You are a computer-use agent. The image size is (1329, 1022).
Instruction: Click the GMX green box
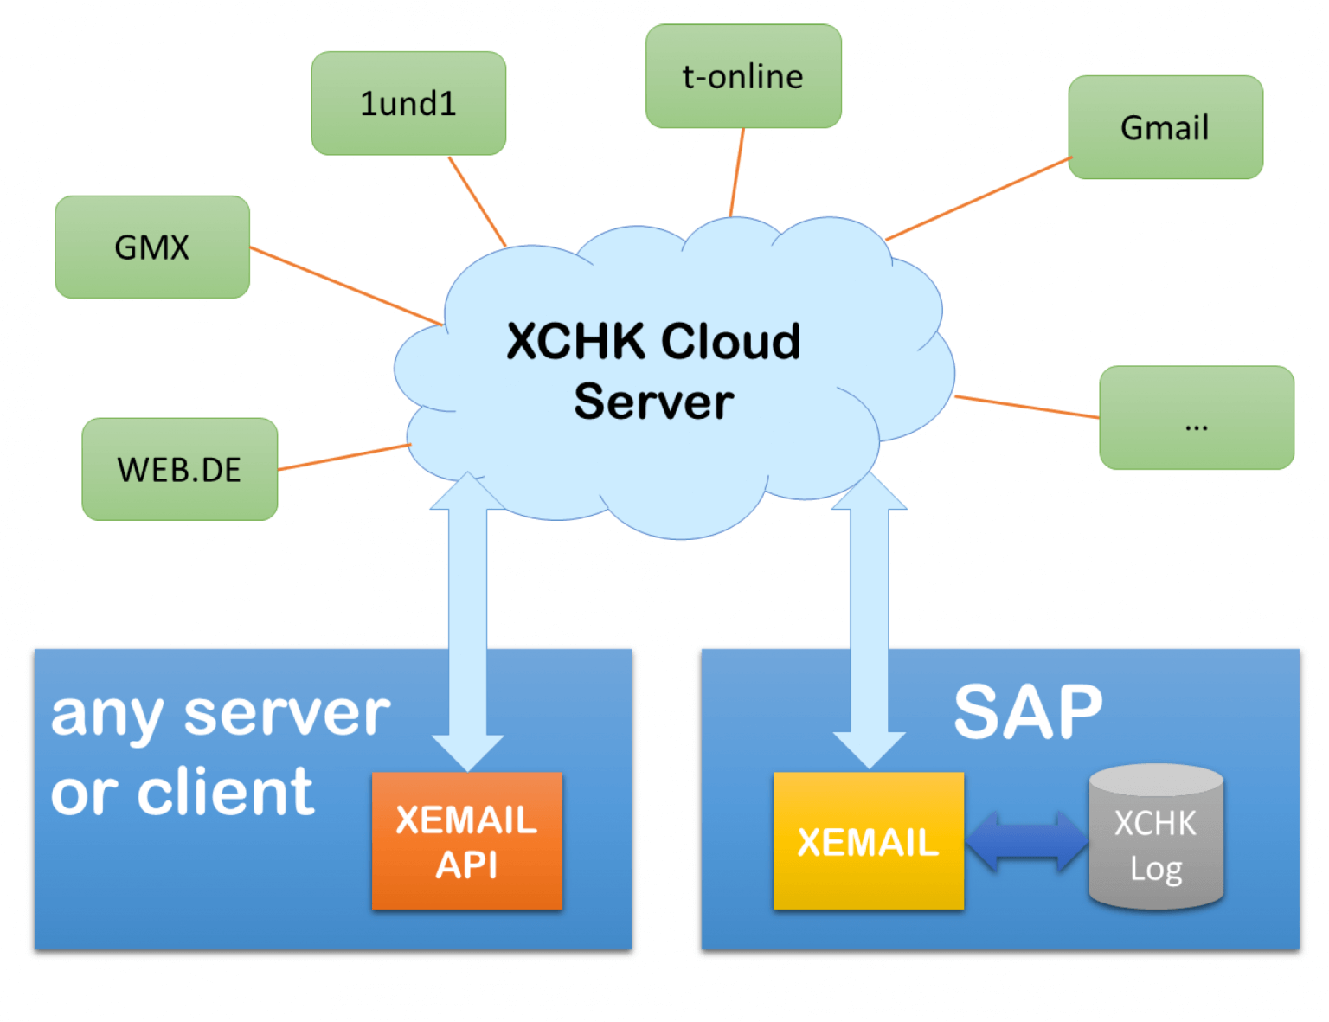(x=152, y=247)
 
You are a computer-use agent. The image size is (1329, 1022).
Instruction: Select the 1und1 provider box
(x=408, y=104)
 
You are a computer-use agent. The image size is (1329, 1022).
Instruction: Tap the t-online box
(x=743, y=77)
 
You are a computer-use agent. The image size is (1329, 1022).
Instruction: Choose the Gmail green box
(x=1165, y=128)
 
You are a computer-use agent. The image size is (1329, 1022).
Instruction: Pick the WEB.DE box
(x=180, y=470)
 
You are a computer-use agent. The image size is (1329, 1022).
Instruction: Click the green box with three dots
(x=1197, y=418)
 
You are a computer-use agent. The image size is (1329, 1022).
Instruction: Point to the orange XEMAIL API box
(x=467, y=841)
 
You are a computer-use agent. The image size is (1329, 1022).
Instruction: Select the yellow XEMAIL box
(x=868, y=841)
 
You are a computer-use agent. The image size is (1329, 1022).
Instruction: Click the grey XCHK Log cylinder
(x=1156, y=839)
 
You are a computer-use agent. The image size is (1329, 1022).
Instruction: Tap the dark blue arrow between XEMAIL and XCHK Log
(x=1027, y=841)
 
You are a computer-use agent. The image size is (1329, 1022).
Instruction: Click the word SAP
(x=1028, y=713)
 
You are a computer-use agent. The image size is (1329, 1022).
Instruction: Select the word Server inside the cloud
(x=654, y=402)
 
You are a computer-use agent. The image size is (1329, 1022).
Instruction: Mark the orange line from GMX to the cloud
(x=346, y=286)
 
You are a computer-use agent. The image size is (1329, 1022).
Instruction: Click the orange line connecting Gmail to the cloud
(x=978, y=198)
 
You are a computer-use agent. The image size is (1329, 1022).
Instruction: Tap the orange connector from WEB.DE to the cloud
(x=343, y=457)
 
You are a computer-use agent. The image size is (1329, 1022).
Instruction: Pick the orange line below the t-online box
(x=737, y=171)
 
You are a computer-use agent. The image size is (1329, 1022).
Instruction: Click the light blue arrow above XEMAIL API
(x=467, y=623)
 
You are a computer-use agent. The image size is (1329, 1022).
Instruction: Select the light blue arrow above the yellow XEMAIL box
(x=869, y=623)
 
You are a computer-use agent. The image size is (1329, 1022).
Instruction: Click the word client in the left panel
(x=226, y=792)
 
